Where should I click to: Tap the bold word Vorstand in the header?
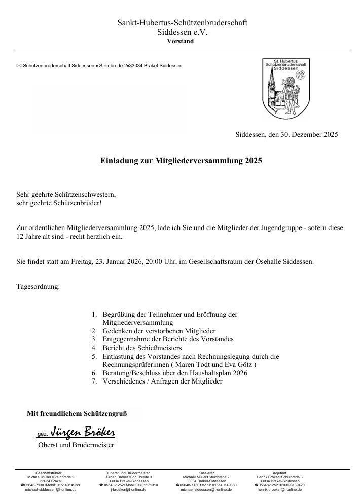[x=180, y=41]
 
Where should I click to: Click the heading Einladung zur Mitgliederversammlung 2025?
[x=181, y=162]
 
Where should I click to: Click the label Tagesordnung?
[x=38, y=287]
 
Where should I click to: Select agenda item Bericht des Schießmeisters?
[x=142, y=348]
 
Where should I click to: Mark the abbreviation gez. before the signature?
[x=43, y=435]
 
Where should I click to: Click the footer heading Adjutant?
[x=280, y=472]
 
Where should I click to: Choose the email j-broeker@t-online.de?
[x=129, y=490]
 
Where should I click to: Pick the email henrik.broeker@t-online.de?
[x=280, y=490]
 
